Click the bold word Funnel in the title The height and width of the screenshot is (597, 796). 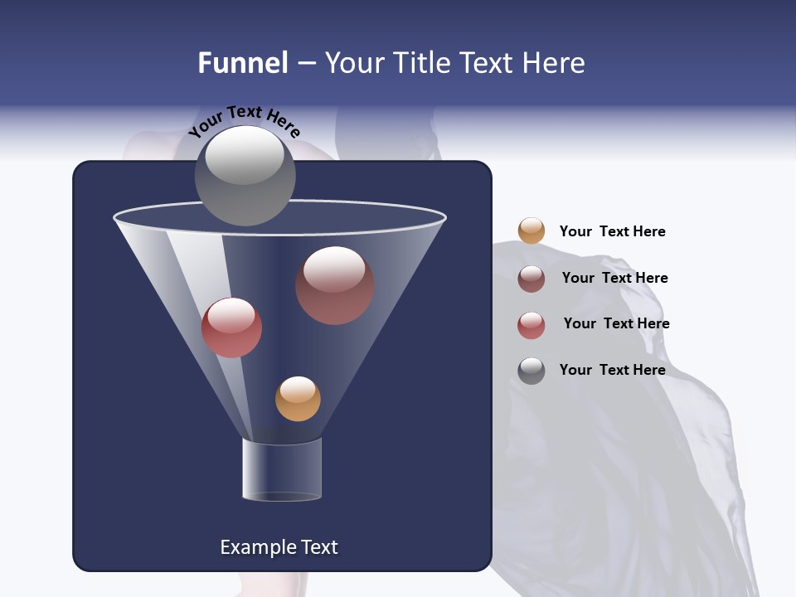pos(242,63)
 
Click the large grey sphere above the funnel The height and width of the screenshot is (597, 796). pos(245,176)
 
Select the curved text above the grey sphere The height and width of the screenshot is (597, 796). pos(244,121)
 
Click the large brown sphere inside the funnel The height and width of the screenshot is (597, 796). pos(334,285)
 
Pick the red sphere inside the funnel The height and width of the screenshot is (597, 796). pos(231,328)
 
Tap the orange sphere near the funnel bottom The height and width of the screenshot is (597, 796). pos(298,399)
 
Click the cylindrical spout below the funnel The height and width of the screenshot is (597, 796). pos(281,469)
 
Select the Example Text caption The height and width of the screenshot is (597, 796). pos(279,547)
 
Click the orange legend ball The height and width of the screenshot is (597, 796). pos(531,231)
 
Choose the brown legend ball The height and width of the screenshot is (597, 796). pos(531,278)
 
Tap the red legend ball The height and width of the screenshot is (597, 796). pos(531,324)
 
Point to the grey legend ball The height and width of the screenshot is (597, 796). pos(531,371)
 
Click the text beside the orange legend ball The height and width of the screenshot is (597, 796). pos(612,232)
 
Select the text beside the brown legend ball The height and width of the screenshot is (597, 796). pos(614,278)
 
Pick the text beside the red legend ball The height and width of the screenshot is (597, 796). pos(616,323)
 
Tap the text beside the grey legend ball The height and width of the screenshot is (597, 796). pos(612,370)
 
